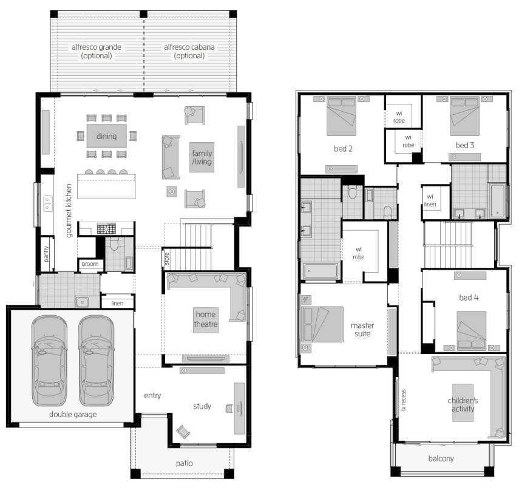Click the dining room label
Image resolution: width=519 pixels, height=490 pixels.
107,136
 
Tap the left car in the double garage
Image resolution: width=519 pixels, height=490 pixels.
49,361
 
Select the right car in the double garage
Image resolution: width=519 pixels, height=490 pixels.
97,361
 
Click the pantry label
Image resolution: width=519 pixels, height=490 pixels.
46,254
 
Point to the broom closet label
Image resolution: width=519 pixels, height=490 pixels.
90,264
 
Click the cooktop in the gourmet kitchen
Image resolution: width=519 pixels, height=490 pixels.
106,228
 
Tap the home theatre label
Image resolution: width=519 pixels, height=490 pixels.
206,319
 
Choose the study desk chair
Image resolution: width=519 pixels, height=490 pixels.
229,409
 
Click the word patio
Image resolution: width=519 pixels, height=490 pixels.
185,463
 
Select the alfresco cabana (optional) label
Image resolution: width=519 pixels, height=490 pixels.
189,52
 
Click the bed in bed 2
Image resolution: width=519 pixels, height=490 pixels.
341,116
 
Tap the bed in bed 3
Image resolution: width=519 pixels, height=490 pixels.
464,116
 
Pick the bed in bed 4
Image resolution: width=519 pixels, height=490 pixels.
471,331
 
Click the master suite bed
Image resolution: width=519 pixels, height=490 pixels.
322,324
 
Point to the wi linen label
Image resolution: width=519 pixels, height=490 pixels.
430,200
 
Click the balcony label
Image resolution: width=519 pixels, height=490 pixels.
441,458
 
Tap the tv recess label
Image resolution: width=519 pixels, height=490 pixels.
403,400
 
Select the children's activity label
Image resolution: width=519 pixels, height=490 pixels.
463,404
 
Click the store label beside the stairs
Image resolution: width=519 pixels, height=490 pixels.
167,259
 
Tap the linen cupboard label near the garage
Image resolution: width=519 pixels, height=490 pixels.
117,303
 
